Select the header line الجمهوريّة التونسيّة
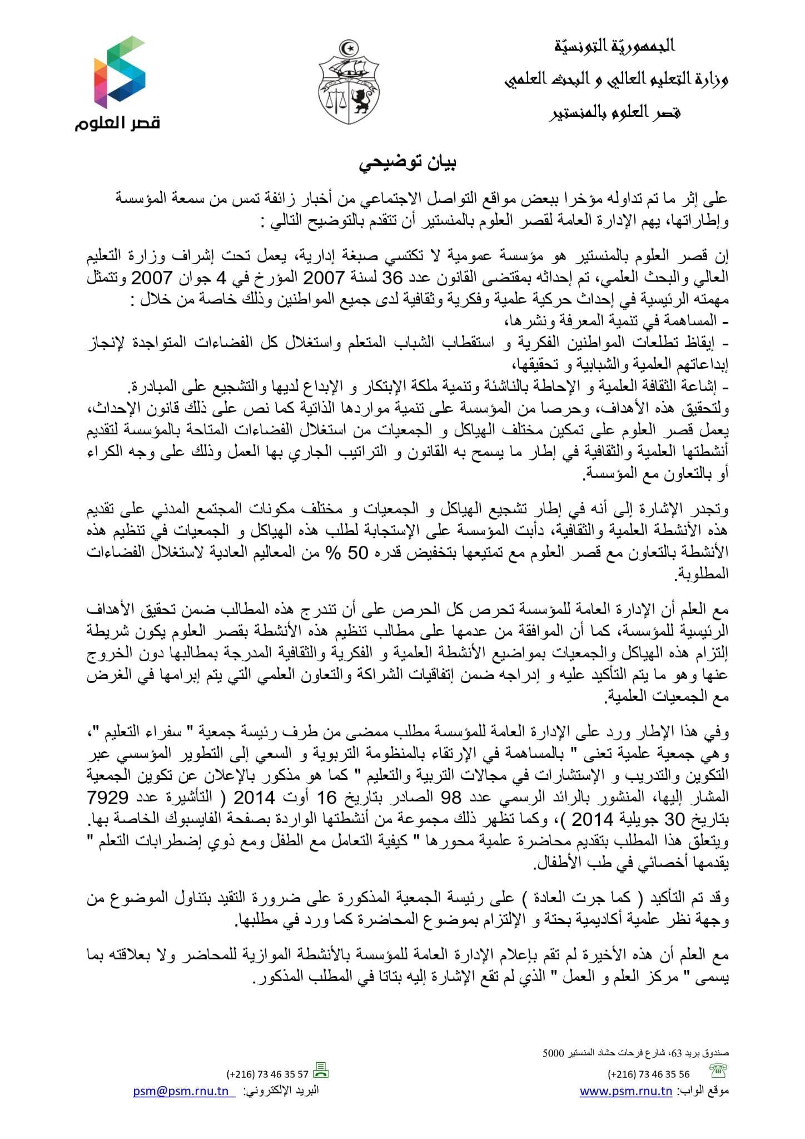[615, 46]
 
